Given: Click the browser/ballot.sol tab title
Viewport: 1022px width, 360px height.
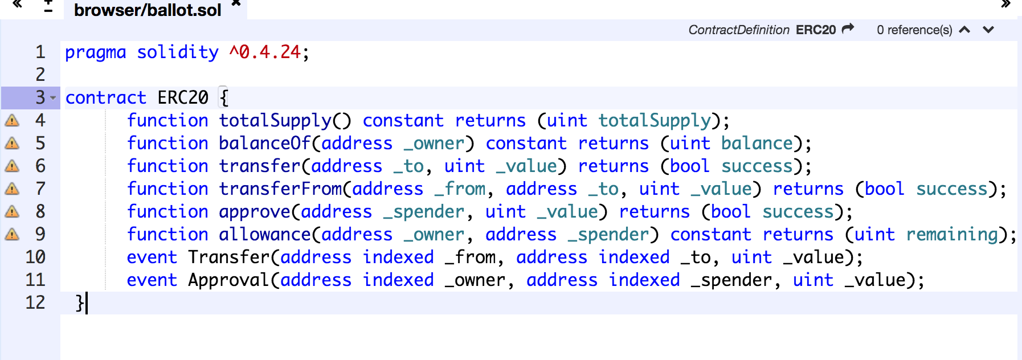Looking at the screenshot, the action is click(148, 10).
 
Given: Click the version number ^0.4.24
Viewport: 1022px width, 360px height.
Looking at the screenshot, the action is click(264, 52).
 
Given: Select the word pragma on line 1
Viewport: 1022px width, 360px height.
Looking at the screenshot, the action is click(95, 52).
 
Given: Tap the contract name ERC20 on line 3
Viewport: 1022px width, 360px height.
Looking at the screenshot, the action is click(183, 97).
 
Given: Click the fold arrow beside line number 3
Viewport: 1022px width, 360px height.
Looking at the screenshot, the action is click(53, 98).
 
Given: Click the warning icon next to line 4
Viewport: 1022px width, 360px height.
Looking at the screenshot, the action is click(12, 120).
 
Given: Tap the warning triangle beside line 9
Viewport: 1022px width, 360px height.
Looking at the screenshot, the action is click(12, 234).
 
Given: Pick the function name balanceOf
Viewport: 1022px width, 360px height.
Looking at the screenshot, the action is click(265, 143).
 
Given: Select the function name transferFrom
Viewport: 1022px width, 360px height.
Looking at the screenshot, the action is click(280, 189).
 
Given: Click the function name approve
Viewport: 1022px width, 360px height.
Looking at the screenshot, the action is click(255, 211).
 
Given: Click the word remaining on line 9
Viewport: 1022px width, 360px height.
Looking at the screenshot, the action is click(952, 234).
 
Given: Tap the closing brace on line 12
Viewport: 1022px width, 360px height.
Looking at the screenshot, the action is click(80, 302).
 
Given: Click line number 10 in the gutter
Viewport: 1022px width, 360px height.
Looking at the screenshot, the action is click(35, 257).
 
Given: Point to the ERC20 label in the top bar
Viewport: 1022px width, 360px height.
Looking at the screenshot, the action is click(815, 30).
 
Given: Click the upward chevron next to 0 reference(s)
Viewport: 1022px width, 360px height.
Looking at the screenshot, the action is click(964, 30).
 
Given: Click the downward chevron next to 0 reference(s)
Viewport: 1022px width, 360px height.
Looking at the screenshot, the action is click(988, 30).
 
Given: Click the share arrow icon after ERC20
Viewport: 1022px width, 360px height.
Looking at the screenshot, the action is click(848, 28).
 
